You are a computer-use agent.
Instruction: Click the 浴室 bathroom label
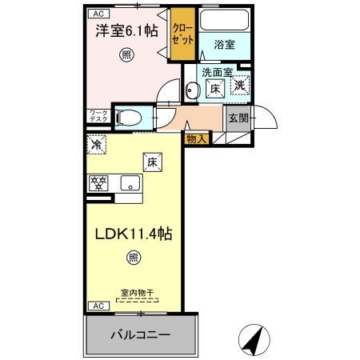pyautogui.click(x=224, y=46)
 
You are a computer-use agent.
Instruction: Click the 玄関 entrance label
pyautogui.click(x=238, y=118)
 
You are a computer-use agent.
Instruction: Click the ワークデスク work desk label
pyautogui.click(x=98, y=117)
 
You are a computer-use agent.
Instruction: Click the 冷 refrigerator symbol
pyautogui.click(x=96, y=146)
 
